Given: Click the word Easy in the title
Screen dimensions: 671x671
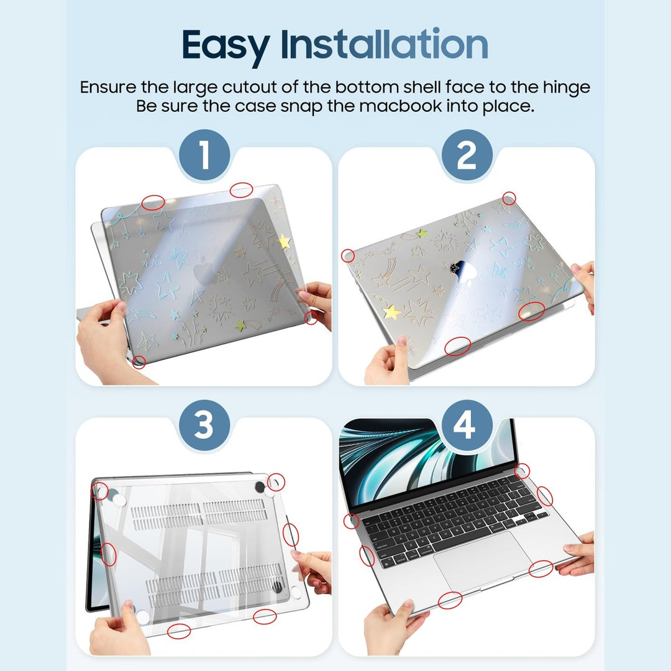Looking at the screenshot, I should click(x=226, y=45).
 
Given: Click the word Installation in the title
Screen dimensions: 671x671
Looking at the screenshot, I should click(x=384, y=45).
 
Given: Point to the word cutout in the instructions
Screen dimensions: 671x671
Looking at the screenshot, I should click(x=275, y=87).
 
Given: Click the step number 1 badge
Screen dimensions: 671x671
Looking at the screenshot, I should click(x=204, y=156).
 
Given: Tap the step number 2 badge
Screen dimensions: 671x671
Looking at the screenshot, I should click(x=466, y=156).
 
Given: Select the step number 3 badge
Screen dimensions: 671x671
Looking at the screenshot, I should click(x=204, y=427).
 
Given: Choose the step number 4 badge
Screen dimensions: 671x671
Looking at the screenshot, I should click(x=466, y=427).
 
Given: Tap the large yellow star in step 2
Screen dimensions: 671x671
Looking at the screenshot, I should click(x=392, y=312).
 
